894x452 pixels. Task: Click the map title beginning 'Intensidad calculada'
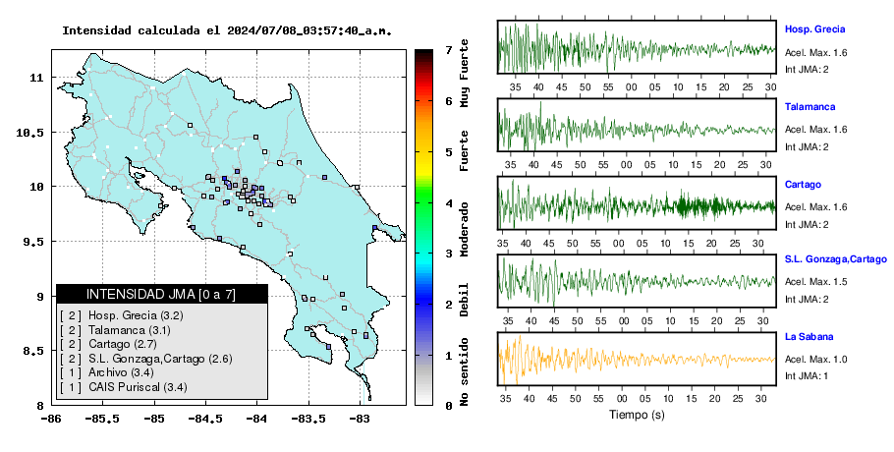point(227,30)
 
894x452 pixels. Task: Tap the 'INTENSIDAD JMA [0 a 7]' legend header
point(161,294)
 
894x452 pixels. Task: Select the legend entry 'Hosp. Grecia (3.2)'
point(136,315)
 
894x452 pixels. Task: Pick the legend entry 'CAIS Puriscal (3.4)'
point(138,387)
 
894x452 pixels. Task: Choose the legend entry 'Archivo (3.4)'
point(121,372)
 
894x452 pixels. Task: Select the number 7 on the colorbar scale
point(449,50)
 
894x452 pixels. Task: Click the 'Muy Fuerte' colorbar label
point(465,73)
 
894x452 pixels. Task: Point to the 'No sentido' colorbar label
point(465,371)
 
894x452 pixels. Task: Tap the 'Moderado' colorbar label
point(465,229)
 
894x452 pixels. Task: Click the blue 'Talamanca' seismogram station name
point(810,106)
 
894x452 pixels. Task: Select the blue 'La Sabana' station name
point(809,336)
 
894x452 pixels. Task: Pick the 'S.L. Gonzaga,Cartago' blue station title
point(836,259)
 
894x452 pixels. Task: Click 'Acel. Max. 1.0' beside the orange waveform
point(815,359)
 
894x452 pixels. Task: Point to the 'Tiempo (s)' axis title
point(637,415)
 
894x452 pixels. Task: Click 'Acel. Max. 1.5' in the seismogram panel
point(815,282)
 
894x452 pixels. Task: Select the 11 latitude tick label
point(36,78)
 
